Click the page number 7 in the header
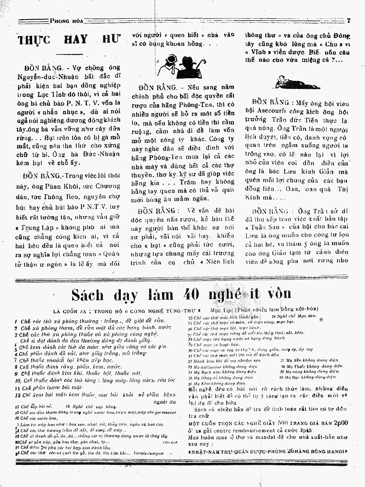[349, 21]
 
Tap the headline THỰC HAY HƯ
[68, 39]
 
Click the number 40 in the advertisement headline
[191, 295]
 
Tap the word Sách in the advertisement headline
[87, 295]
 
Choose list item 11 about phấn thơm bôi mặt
[49, 387]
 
